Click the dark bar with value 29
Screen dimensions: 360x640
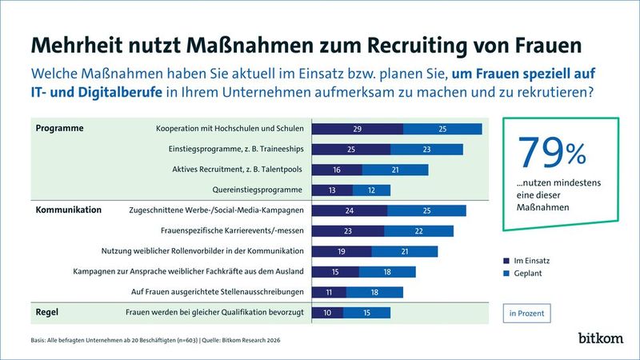(358, 129)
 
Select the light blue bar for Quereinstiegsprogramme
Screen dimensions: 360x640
(370, 190)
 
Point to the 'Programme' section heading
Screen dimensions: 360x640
(60, 128)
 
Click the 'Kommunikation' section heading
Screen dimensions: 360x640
(68, 210)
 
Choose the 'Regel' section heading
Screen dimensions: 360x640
(50, 312)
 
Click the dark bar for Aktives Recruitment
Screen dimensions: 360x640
(337, 170)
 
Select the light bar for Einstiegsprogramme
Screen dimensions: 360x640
(426, 149)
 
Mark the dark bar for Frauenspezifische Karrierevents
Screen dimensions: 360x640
(348, 231)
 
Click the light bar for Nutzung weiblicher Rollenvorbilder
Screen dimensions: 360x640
(405, 251)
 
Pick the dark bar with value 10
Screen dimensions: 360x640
(327, 312)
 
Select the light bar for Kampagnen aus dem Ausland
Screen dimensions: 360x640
(386, 272)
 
